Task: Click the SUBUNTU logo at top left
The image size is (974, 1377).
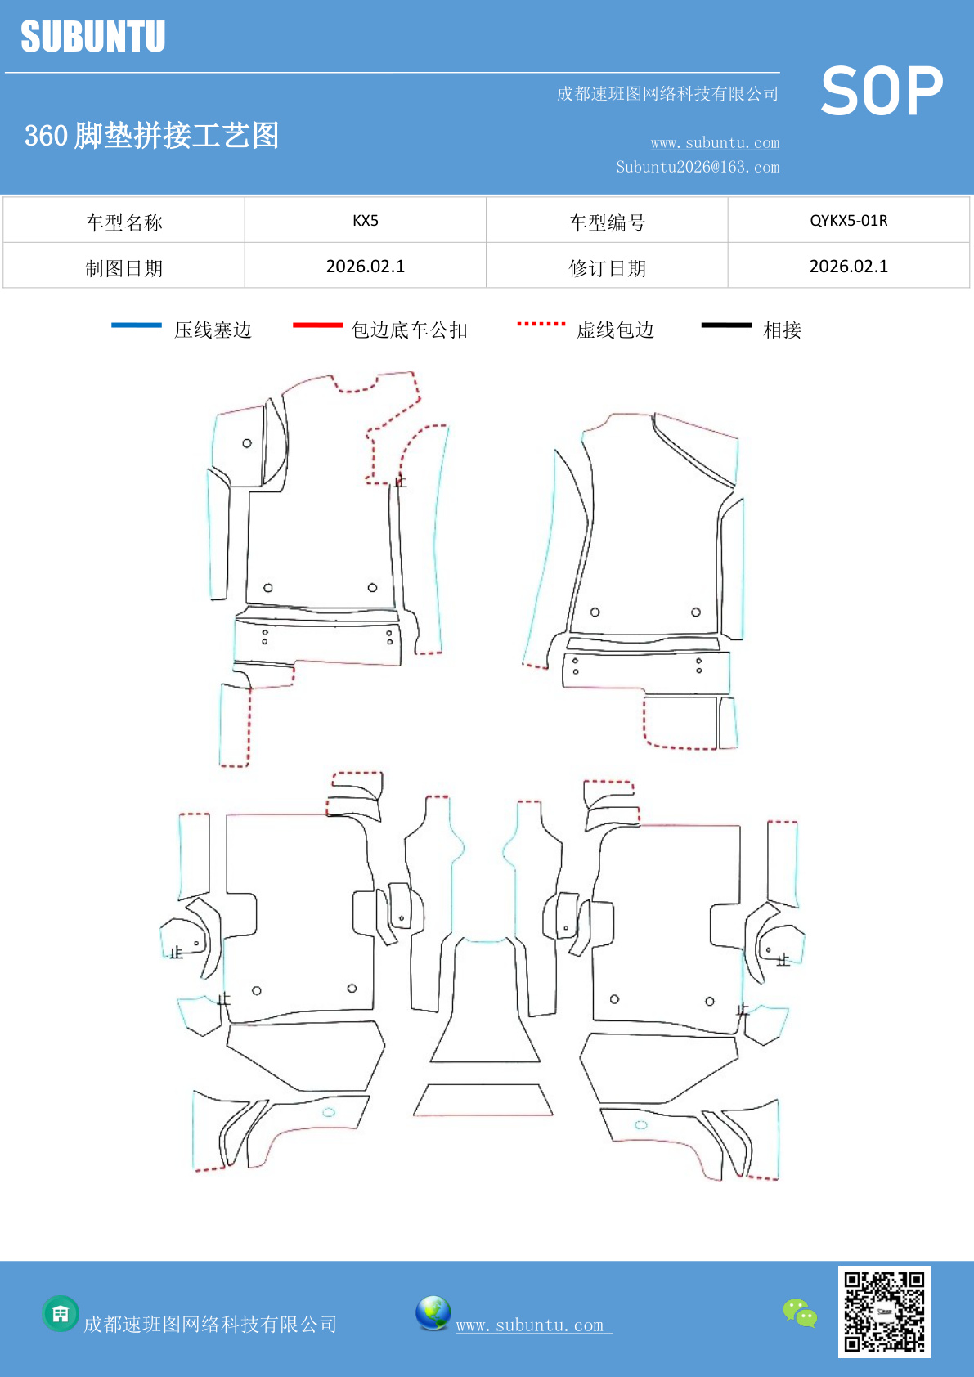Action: [92, 37]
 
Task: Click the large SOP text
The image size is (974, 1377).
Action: [882, 92]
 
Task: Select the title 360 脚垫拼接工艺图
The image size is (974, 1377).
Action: [152, 136]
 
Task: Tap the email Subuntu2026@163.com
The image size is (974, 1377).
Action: [698, 167]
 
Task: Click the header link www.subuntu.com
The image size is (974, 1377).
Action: [715, 143]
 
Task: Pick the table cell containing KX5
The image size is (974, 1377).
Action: [366, 220]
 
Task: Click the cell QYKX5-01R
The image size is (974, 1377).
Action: [848, 220]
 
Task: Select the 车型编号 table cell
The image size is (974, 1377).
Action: [607, 222]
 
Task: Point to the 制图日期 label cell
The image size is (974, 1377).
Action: [124, 267]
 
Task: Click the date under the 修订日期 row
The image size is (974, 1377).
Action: [848, 267]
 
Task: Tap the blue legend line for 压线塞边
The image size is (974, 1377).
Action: [137, 325]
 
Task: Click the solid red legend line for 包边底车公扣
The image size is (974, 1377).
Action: [317, 325]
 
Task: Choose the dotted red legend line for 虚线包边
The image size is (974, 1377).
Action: [541, 325]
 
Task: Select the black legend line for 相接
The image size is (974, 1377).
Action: [726, 325]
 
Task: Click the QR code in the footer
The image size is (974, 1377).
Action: [884, 1312]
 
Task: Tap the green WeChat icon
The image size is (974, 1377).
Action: [800, 1313]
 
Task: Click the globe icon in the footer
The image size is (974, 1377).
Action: [433, 1313]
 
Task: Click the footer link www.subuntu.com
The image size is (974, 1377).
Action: [532, 1325]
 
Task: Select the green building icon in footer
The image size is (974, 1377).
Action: [61, 1314]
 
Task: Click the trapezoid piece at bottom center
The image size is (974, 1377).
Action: [483, 1100]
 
